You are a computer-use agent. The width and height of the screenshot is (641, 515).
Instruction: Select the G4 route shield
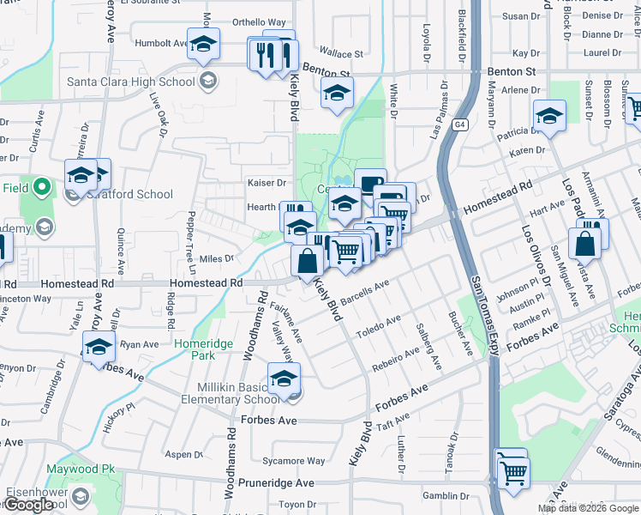pos(461,124)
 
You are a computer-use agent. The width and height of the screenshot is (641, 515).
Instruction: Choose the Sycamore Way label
pos(293,461)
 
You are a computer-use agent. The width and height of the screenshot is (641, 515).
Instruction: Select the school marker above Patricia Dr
pos(548,116)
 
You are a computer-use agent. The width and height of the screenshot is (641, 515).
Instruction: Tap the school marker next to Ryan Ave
pos(99,348)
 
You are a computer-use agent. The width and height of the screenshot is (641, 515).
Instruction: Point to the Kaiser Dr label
pos(267,183)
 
